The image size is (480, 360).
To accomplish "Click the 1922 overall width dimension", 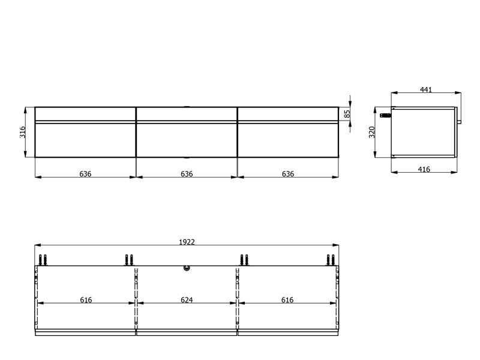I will point(187,242).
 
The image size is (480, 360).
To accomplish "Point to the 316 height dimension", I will point(22,132).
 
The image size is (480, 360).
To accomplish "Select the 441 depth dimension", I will point(425,90).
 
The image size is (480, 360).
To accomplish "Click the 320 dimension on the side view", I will point(372,132).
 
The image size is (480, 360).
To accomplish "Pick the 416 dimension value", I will point(424,170).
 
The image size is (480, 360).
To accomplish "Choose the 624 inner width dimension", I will point(187,300).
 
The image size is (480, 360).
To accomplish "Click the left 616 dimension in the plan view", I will point(86,300).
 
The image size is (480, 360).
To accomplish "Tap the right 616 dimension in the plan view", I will point(288,300).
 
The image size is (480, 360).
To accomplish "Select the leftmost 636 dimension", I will point(86,174).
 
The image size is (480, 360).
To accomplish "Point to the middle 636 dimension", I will point(187,174).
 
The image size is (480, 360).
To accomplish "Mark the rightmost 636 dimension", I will point(288,174).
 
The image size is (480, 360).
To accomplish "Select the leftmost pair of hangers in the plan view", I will point(43,260).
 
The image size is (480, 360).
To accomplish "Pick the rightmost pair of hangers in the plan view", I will point(331,260).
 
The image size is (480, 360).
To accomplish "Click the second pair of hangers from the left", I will point(128,260).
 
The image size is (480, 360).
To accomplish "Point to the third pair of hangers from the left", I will point(244,260).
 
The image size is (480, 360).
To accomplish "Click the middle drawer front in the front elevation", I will point(187,139).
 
